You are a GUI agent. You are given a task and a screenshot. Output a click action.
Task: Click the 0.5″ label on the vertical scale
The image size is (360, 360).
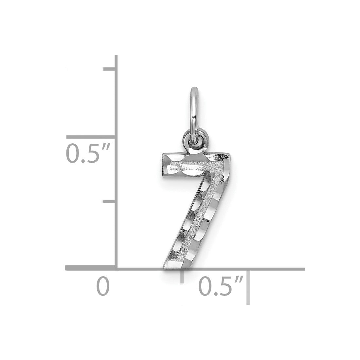tap(88, 153)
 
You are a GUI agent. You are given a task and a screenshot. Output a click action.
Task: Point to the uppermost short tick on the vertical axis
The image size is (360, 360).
tap(109, 69)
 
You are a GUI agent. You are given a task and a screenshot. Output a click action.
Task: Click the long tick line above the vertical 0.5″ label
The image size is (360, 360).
tap(90, 137)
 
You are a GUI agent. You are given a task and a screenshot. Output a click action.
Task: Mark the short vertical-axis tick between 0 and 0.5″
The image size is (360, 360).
tap(109, 201)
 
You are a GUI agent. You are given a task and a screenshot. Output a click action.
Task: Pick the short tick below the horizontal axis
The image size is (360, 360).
tap(182, 277)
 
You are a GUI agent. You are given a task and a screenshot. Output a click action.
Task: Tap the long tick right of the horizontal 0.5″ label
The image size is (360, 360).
tap(248, 287)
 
